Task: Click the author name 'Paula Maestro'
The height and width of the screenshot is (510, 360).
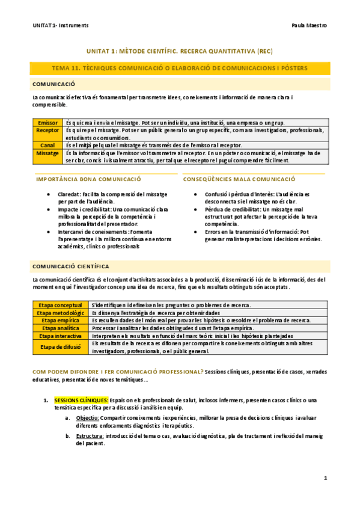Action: pyautogui.click(x=308, y=26)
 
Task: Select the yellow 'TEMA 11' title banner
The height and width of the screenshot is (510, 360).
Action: pyautogui.click(x=180, y=69)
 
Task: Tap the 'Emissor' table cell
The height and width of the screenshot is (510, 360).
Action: pyautogui.click(x=48, y=122)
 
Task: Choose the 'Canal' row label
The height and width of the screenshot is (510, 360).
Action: pyautogui.click(x=48, y=145)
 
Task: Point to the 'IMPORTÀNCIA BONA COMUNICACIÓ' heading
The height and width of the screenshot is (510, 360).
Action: pyautogui.click(x=88, y=179)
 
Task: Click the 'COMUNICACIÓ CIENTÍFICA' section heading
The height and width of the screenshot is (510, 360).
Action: pyautogui.click(x=71, y=265)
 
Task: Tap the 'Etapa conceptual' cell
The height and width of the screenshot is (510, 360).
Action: pyautogui.click(x=60, y=306)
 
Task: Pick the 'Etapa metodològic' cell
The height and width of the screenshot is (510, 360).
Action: pyautogui.click(x=60, y=313)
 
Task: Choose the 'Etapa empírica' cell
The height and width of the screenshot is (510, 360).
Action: pyautogui.click(x=60, y=321)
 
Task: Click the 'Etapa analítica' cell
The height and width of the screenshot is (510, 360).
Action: pyautogui.click(x=60, y=328)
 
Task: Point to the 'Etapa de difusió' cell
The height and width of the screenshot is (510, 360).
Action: pyautogui.click(x=60, y=347)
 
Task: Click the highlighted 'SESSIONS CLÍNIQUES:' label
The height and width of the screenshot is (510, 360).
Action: pyautogui.click(x=81, y=400)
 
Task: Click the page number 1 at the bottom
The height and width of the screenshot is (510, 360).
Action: pyautogui.click(x=325, y=478)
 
